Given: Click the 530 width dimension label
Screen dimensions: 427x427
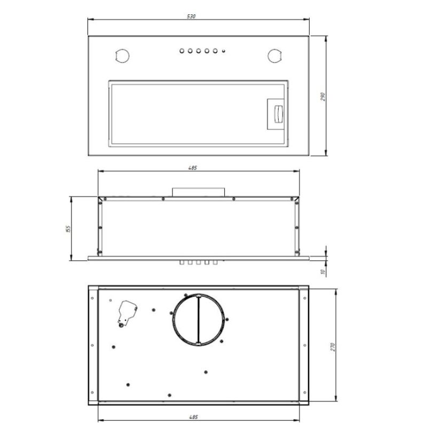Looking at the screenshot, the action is (191, 17).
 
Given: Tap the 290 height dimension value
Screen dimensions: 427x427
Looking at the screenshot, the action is (323, 97).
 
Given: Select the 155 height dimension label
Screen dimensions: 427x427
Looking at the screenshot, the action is (68, 229).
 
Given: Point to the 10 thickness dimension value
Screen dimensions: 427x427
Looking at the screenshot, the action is (323, 272).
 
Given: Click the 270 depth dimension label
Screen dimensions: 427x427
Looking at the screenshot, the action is (333, 346).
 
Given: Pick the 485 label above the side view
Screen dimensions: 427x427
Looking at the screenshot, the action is (193, 168).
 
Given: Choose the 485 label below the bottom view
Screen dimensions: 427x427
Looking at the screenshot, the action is (193, 417).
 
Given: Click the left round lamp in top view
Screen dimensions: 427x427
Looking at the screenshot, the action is (122, 56).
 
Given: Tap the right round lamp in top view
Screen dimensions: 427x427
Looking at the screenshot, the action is (274, 56).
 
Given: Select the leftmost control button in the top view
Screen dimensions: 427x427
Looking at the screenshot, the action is (182, 51).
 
